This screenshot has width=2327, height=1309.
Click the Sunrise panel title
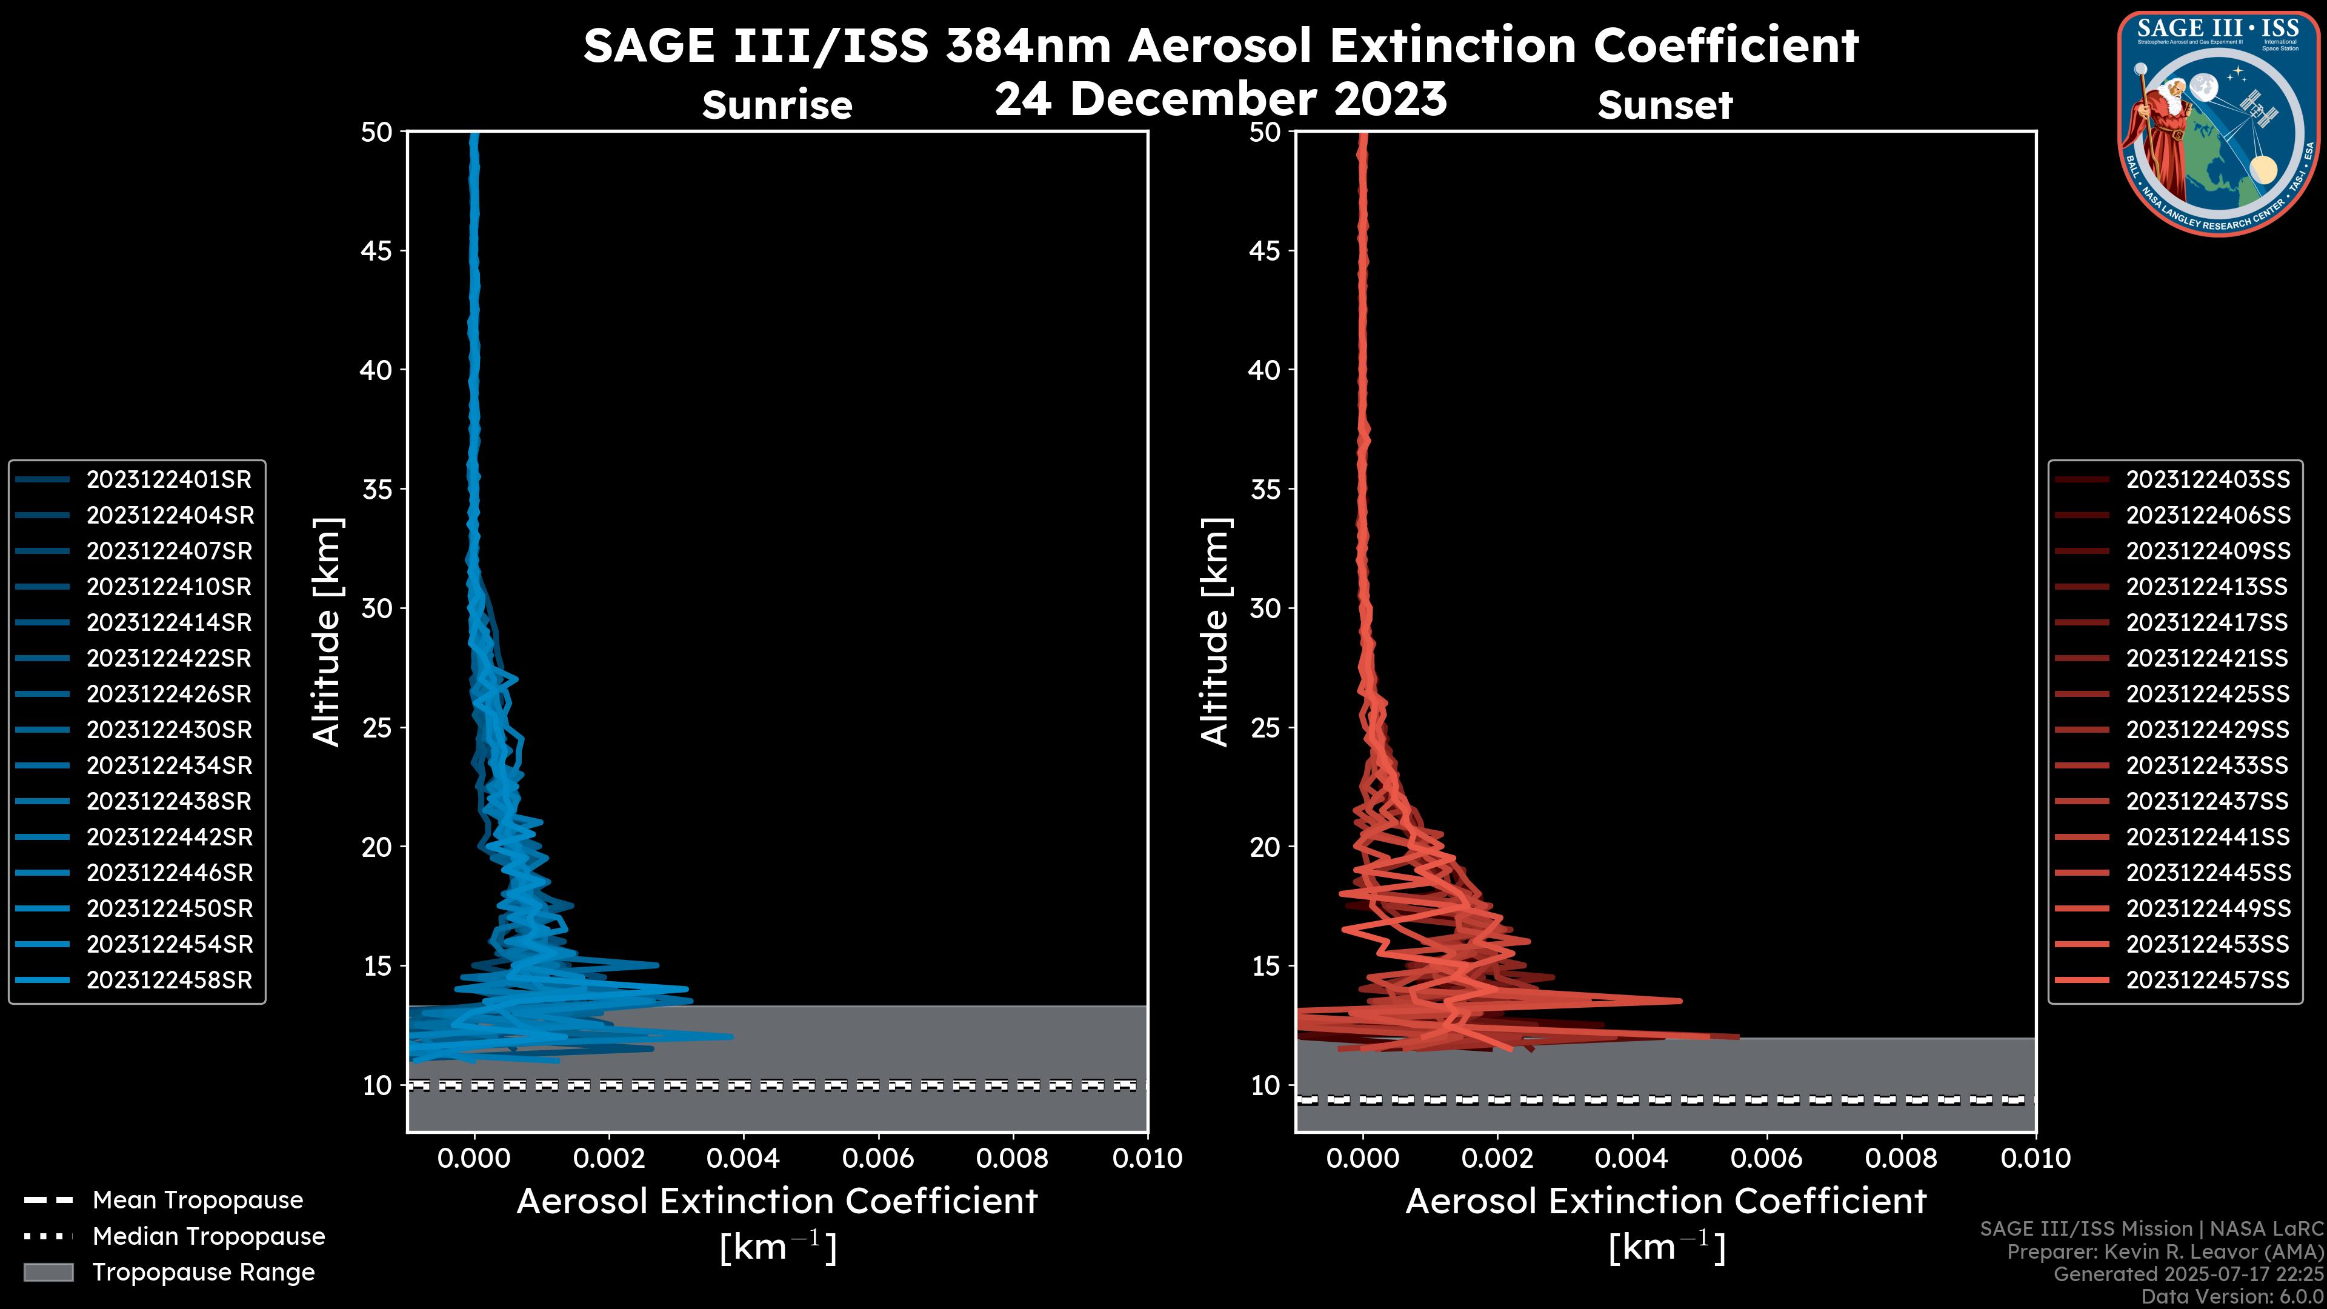point(777,105)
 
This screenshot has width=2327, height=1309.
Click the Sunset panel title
point(1665,105)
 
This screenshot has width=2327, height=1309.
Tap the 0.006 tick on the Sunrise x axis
point(878,1158)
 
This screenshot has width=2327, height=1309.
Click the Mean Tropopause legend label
point(198,1201)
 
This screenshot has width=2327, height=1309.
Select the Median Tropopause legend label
point(208,1237)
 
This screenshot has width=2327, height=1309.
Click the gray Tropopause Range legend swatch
point(48,1273)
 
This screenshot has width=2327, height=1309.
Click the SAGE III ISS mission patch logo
point(2219,124)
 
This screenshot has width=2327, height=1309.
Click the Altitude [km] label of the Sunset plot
point(1215,632)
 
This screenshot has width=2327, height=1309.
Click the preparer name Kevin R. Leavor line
point(2165,1252)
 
